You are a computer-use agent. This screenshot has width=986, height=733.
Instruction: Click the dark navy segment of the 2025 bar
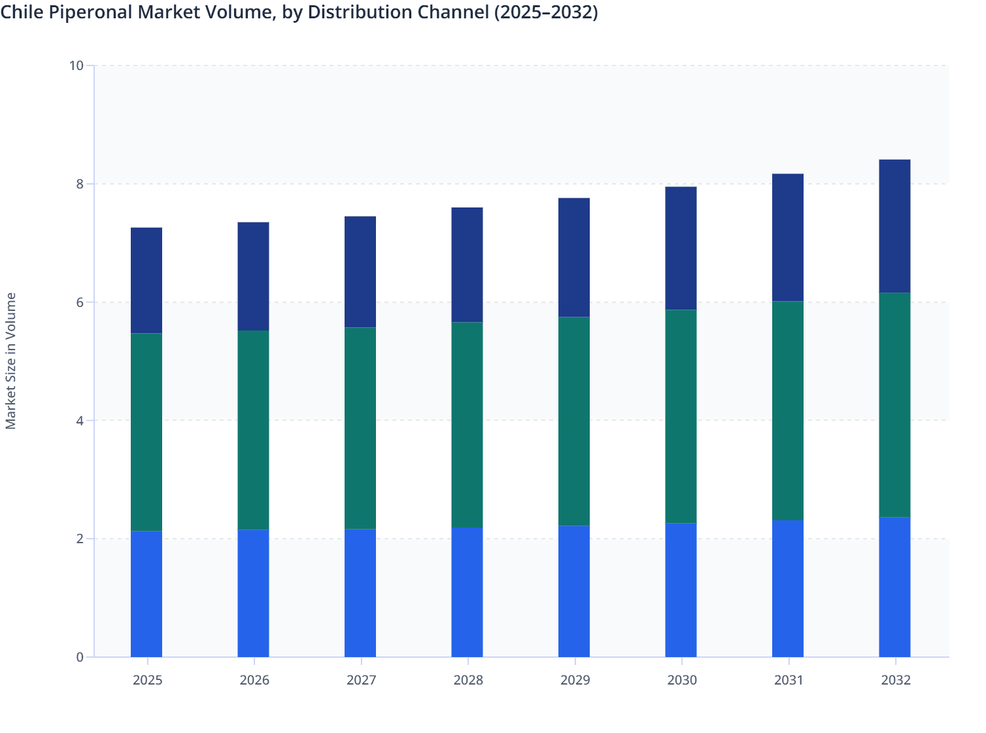(x=146, y=280)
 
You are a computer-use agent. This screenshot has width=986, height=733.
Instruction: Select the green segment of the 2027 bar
(x=360, y=428)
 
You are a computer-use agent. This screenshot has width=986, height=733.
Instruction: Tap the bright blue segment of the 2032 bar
(x=894, y=587)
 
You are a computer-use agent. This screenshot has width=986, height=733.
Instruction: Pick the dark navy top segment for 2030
(x=681, y=248)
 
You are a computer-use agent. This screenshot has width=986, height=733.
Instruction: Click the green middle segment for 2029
(x=574, y=421)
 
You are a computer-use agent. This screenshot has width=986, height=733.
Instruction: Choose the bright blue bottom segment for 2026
(x=253, y=593)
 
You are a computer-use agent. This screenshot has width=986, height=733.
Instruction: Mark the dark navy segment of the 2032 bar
(x=894, y=226)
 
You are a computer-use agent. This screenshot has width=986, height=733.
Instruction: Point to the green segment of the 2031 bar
(x=788, y=411)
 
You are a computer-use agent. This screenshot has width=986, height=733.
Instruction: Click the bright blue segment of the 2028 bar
(x=467, y=592)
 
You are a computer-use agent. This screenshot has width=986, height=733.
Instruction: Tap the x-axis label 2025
(x=147, y=680)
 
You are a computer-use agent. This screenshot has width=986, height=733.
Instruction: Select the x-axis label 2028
(x=468, y=680)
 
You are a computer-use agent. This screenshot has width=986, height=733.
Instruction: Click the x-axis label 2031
(x=789, y=680)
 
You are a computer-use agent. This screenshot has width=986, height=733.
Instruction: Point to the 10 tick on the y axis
(x=76, y=65)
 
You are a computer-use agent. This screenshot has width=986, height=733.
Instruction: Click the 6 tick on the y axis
(x=80, y=302)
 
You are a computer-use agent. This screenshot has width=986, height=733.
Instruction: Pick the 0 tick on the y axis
(x=80, y=657)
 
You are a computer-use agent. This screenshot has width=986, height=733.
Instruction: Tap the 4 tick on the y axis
(x=80, y=421)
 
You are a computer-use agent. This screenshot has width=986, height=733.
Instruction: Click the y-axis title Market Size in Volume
(x=10, y=361)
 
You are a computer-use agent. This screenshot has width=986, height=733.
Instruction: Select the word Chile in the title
(x=21, y=12)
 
